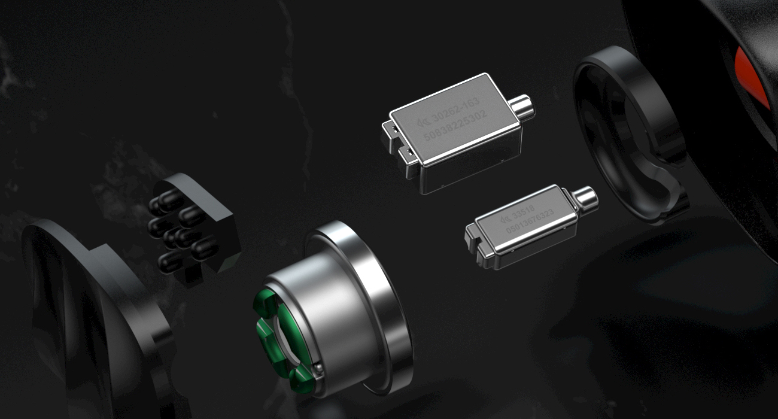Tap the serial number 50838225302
456,126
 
